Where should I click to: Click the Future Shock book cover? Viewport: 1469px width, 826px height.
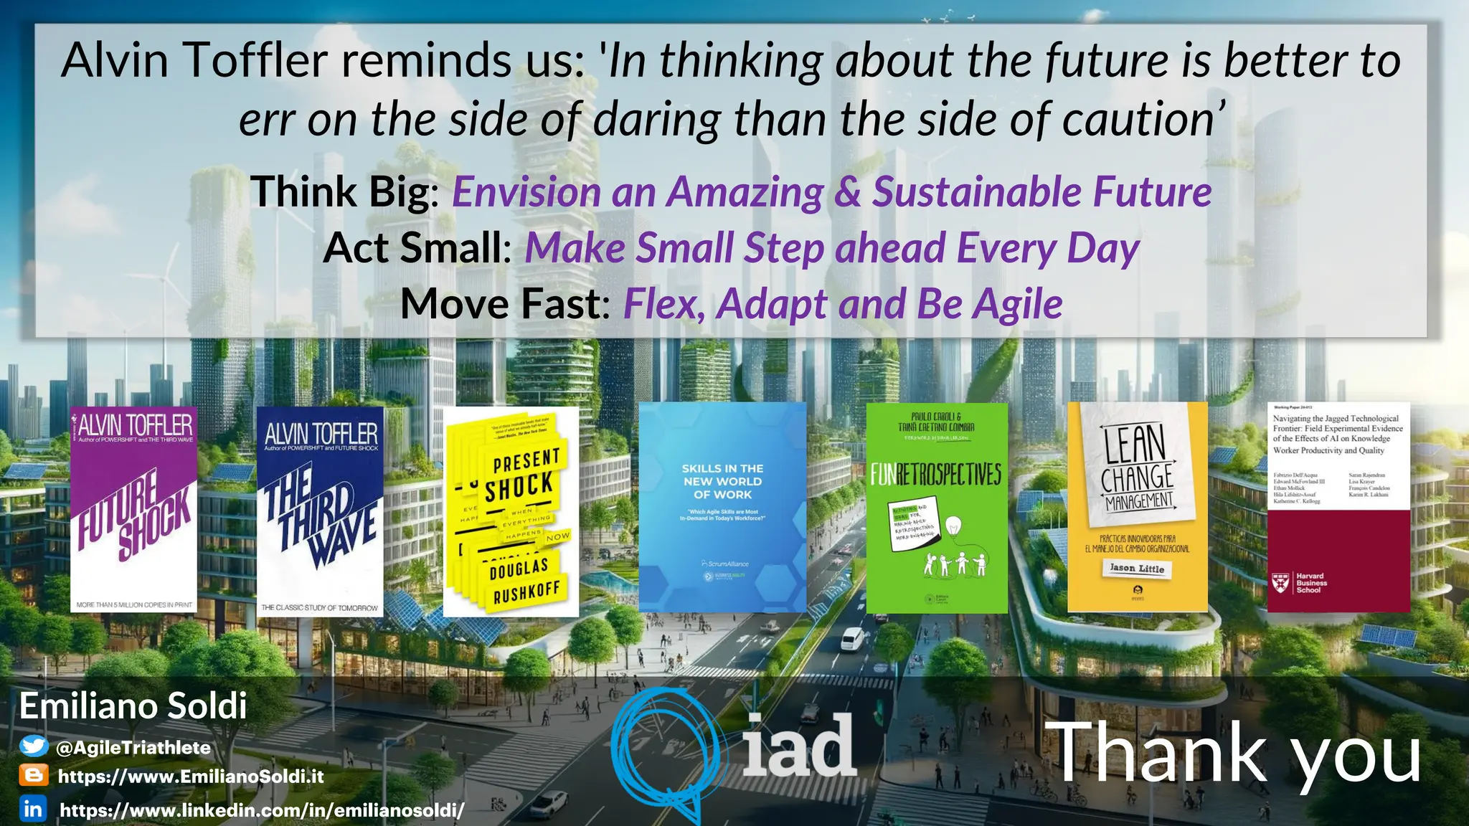click(134, 509)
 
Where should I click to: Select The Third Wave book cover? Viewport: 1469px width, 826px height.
click(320, 511)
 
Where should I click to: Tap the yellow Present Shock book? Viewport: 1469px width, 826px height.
click(511, 512)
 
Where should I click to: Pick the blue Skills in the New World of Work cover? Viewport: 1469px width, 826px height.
click(722, 507)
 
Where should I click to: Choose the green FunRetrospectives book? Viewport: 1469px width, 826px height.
click(937, 508)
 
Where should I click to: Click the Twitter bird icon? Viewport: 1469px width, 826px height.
click(33, 746)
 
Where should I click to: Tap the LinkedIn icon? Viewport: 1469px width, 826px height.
click(33, 809)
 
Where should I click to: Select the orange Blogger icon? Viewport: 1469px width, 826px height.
click(33, 776)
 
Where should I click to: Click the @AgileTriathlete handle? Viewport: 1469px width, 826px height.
click(133, 748)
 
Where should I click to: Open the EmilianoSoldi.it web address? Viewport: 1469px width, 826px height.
click(191, 777)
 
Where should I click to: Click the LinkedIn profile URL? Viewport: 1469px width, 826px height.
click(262, 810)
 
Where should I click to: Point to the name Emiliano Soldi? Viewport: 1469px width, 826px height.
click(133, 706)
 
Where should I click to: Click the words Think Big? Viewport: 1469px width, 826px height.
click(343, 192)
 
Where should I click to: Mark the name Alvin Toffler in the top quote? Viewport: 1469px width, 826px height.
click(194, 60)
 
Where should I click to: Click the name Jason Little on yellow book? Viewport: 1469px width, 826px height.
click(1137, 569)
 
